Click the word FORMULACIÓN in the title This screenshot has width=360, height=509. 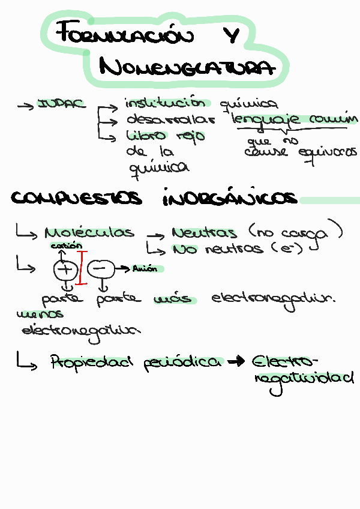(125, 35)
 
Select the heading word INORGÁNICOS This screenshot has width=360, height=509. (230, 198)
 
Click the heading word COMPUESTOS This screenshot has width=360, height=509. (77, 198)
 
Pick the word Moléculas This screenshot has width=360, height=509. (89, 232)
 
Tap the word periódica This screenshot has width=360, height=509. (182, 363)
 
